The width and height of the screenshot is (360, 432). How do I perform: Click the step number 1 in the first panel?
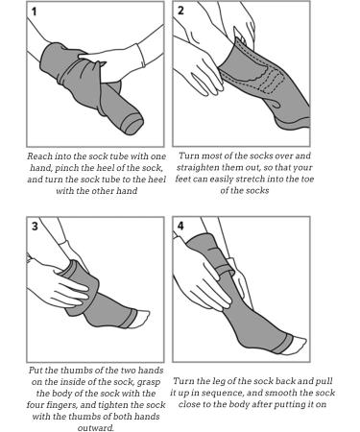[x=35, y=12]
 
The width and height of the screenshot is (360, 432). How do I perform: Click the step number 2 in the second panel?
[x=180, y=11]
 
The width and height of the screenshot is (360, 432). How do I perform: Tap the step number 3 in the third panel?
[x=35, y=227]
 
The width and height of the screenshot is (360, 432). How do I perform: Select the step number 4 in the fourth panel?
[x=180, y=226]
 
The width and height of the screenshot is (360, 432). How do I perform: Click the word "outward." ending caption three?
[x=96, y=428]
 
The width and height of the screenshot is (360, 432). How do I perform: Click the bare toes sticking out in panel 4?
[x=296, y=345]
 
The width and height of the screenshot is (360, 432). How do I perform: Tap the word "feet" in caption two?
[x=183, y=179]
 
